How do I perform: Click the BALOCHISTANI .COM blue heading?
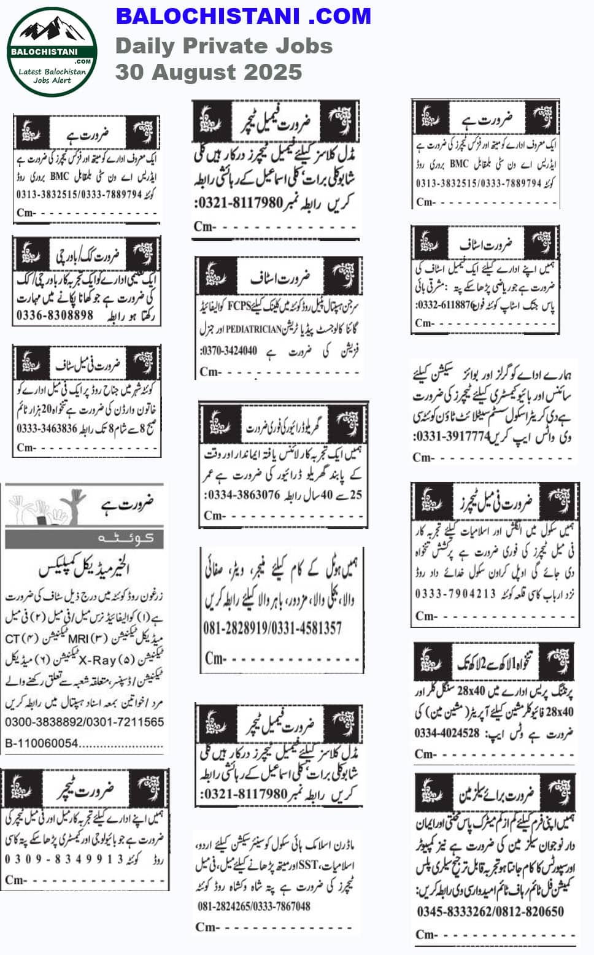click(x=243, y=16)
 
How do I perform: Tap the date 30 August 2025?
click(x=209, y=72)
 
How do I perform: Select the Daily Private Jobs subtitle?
click(x=224, y=45)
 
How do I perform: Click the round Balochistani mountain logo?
click(x=52, y=52)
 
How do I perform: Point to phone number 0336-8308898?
click(x=55, y=315)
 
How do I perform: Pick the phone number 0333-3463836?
click(x=47, y=429)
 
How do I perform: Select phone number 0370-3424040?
click(x=229, y=352)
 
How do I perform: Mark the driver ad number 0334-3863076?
click(x=242, y=495)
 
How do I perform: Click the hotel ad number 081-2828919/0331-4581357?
click(x=272, y=628)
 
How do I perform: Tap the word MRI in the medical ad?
click(x=79, y=639)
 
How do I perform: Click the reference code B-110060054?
click(x=42, y=743)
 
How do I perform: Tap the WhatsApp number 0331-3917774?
click(x=453, y=437)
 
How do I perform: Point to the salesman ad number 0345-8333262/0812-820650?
click(x=490, y=911)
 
